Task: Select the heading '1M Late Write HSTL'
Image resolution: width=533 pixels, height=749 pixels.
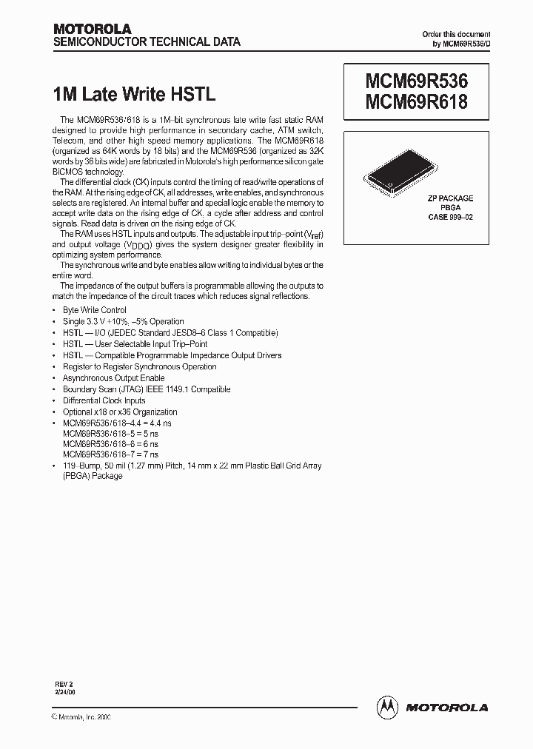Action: pos(134,94)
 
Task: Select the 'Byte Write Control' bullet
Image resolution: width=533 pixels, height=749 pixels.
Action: pos(94,310)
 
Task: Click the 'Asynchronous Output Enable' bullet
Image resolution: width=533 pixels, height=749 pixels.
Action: pos(113,378)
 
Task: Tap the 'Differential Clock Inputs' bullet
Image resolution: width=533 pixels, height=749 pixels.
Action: pos(104,400)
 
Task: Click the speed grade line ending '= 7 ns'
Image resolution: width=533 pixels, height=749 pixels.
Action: pos(110,454)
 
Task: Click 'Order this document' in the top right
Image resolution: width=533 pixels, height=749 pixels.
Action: pos(456,35)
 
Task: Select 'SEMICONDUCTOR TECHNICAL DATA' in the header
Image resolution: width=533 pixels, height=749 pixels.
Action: pos(147,42)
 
